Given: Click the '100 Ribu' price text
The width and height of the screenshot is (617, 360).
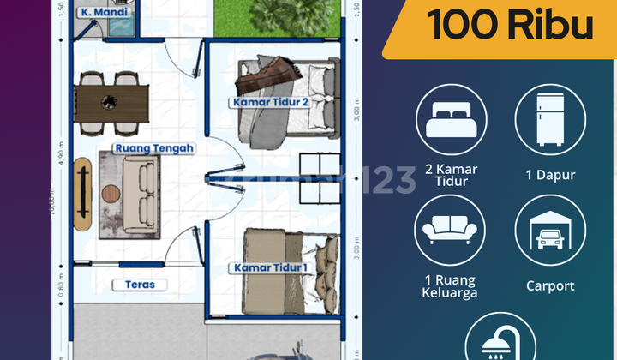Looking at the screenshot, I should (x=511, y=26).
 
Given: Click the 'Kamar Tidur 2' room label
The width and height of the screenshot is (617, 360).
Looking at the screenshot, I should (x=269, y=103).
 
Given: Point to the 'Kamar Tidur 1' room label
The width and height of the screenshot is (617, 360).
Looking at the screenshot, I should (x=269, y=268).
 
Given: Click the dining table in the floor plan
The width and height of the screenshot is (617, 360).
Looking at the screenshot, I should (x=111, y=102).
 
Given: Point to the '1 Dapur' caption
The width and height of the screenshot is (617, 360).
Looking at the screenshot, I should (x=550, y=175).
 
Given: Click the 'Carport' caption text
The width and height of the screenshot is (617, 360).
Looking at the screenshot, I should (x=550, y=286).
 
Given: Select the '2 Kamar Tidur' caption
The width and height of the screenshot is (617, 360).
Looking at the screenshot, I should (x=452, y=175).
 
